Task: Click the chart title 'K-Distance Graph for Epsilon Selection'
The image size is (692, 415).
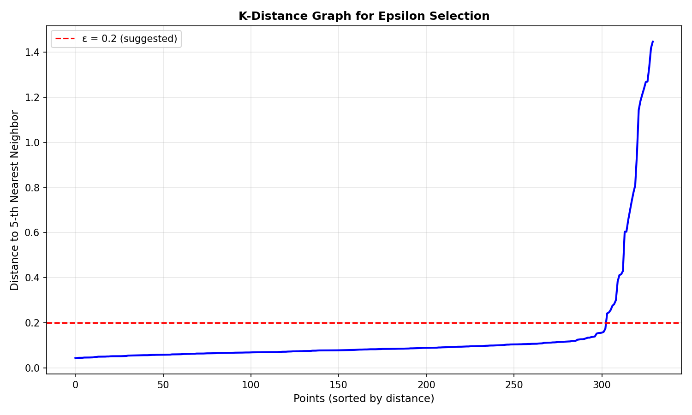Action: [x=364, y=16]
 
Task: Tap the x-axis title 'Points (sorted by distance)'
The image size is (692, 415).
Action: [x=364, y=398]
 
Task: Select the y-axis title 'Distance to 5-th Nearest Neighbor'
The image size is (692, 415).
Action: [x=15, y=200]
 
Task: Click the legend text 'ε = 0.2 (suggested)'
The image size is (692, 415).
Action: [x=130, y=39]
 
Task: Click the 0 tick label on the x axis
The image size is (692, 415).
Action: [x=75, y=384]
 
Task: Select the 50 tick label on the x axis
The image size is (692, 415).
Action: [x=163, y=384]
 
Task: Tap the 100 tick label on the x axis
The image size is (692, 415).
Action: [x=251, y=384]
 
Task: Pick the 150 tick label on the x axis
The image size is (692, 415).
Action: [x=338, y=384]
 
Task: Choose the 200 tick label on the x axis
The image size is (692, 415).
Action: [x=426, y=384]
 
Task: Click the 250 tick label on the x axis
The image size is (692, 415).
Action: [x=513, y=384]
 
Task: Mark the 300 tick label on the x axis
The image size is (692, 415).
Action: [x=602, y=384]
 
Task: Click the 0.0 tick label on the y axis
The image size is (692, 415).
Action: [x=33, y=368]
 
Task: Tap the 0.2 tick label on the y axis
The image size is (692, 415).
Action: [x=33, y=323]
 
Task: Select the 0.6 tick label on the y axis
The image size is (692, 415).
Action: [x=33, y=233]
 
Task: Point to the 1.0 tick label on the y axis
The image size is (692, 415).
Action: [x=33, y=142]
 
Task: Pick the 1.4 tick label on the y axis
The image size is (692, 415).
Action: [x=33, y=53]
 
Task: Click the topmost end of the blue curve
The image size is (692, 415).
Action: [x=653, y=41]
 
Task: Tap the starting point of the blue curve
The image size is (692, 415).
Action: [x=75, y=358]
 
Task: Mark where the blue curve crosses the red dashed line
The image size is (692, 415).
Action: [x=606, y=323]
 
